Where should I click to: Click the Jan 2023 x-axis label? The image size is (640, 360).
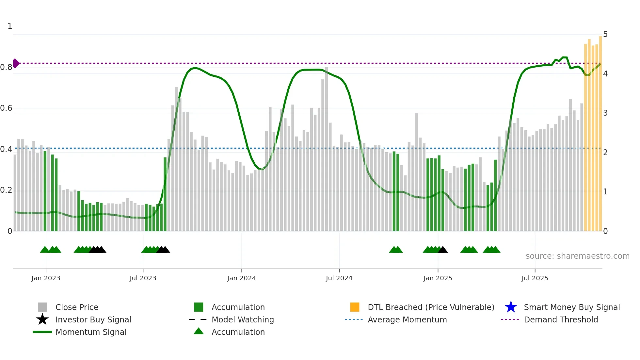click(46, 278)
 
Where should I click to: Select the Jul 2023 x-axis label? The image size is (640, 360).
click(143, 278)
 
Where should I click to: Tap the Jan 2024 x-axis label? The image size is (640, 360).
click(241, 278)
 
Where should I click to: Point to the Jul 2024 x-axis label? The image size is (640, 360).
click(339, 278)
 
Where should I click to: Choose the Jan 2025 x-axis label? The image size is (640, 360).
click(438, 278)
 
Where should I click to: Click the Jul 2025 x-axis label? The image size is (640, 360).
click(535, 278)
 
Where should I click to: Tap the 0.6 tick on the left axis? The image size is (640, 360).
click(6, 108)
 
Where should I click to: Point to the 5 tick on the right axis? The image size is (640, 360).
click(605, 34)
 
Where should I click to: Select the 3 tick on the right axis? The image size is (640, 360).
click(605, 113)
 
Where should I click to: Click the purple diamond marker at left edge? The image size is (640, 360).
click(16, 63)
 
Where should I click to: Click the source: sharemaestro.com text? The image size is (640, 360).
click(577, 256)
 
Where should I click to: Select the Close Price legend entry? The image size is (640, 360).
click(77, 307)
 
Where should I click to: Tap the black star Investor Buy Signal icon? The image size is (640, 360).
click(42, 319)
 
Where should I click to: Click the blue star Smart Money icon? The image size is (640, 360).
click(511, 307)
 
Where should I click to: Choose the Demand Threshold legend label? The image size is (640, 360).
click(561, 319)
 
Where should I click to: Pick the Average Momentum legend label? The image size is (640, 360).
click(407, 319)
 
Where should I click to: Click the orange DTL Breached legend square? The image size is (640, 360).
click(355, 307)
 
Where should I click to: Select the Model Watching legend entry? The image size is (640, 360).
click(243, 319)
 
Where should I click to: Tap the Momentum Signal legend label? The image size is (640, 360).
click(91, 332)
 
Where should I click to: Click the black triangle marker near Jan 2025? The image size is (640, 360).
click(443, 250)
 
